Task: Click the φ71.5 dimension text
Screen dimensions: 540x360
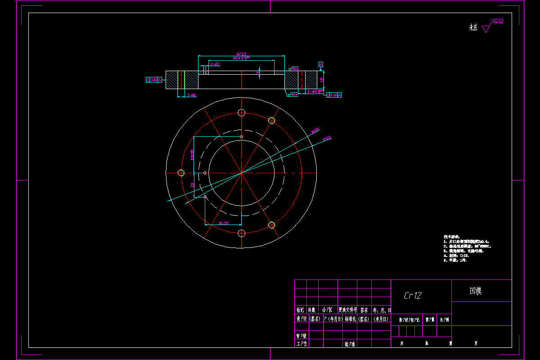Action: [241, 54]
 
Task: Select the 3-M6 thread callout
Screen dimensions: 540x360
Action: [191, 95]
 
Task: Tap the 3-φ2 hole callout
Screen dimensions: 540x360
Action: [215, 64]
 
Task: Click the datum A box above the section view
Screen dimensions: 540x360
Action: [320, 64]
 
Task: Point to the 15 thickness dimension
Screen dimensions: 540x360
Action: [322, 79]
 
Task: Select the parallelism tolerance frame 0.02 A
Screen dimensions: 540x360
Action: [333, 95]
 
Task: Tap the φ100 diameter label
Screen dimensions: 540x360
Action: [315, 130]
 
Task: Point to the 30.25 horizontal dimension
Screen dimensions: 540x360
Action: [223, 223]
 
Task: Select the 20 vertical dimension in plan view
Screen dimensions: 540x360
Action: [192, 184]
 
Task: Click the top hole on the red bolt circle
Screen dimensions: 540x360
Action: [241, 112]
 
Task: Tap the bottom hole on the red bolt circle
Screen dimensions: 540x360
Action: [241, 233]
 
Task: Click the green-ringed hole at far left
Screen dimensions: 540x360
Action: [181, 173]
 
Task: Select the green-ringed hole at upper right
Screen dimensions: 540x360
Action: [271, 120]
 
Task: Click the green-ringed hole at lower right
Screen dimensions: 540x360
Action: [271, 225]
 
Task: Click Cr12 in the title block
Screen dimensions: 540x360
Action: [413, 295]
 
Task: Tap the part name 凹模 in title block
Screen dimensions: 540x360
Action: [476, 291]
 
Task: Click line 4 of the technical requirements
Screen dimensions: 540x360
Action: [456, 256]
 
